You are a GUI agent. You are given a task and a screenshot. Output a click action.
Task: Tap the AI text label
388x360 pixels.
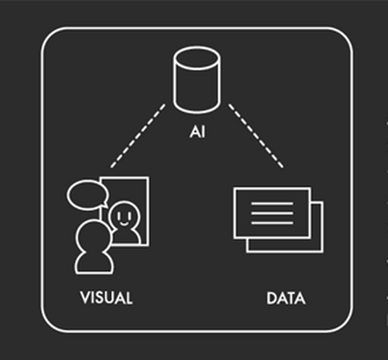point(197,132)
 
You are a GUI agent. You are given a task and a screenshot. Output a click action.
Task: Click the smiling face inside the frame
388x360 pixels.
point(124,216)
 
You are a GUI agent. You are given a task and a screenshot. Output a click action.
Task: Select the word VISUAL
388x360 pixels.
point(106,298)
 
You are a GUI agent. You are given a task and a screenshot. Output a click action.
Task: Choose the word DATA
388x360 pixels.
point(285,298)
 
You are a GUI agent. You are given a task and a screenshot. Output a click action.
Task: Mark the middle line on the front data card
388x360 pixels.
point(272,214)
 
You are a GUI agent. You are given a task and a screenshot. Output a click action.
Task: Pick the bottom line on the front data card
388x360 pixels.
point(272,223)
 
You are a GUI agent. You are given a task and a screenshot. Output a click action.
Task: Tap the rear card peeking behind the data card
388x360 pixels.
point(317,243)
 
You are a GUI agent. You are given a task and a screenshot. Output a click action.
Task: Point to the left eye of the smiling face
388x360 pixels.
point(119,211)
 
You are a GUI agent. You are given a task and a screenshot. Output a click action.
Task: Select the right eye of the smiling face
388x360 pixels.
point(128,211)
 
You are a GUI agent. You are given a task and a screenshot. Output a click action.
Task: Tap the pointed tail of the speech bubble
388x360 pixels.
point(100,206)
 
